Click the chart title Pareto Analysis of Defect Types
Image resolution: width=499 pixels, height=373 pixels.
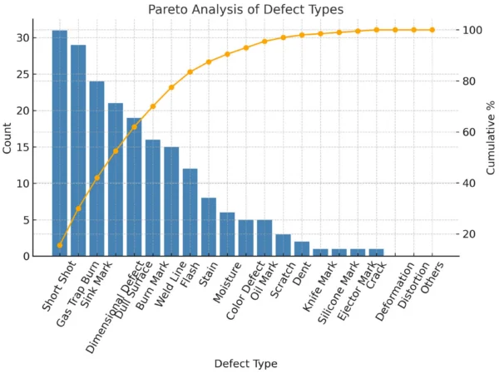click(x=245, y=10)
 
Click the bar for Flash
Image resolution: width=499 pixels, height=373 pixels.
click(x=190, y=213)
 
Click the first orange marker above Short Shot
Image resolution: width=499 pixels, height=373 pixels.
click(x=60, y=245)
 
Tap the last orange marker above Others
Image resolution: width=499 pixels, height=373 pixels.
click(x=432, y=30)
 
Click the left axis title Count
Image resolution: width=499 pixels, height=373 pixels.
click(x=8, y=136)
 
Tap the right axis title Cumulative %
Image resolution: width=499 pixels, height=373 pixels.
click(x=490, y=136)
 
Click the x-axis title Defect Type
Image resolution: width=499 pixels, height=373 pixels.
click(x=245, y=364)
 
